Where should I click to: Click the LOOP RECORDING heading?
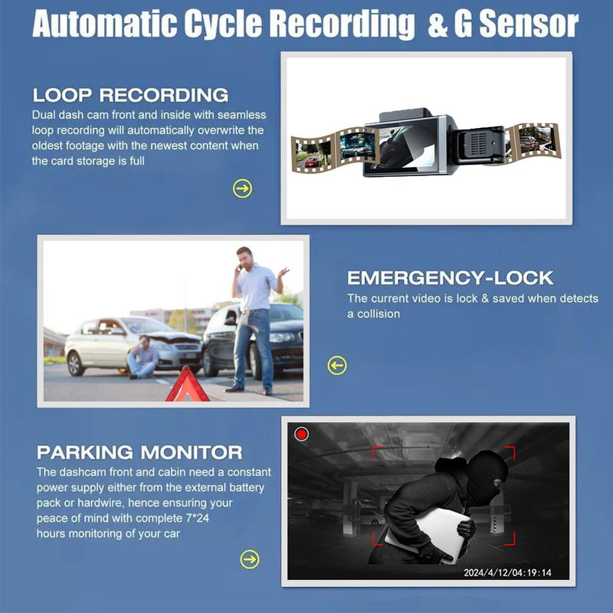(130, 96)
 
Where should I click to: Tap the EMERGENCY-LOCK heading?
(450, 277)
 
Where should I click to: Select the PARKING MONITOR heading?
(139, 452)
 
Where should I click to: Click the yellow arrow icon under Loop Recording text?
(242, 188)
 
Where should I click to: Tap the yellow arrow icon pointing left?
(337, 366)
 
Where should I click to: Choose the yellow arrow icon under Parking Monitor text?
(250, 559)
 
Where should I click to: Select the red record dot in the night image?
(302, 434)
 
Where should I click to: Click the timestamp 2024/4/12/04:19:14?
(507, 572)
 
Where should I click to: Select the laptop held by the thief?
(429, 533)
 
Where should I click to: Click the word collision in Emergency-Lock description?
(377, 313)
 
